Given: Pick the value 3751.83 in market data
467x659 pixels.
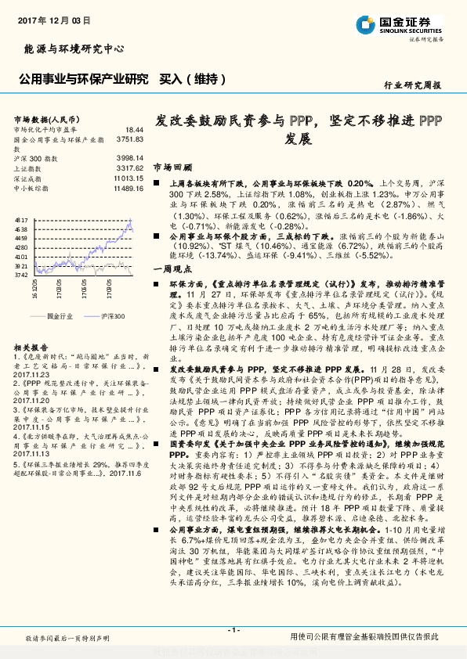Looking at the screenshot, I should pyautogui.click(x=130, y=139).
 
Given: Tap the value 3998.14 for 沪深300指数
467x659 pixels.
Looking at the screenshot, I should pyautogui.click(x=130, y=158).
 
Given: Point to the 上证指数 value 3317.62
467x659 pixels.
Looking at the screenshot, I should pyautogui.click(x=130, y=168).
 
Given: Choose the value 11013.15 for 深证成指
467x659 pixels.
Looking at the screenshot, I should pyautogui.click(x=128, y=178).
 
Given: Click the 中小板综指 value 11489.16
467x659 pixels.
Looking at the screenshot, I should pyautogui.click(x=128, y=189).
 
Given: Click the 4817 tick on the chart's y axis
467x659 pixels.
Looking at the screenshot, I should pyautogui.click(x=22, y=221).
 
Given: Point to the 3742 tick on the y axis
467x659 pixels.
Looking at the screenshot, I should pyautogui.click(x=22, y=275).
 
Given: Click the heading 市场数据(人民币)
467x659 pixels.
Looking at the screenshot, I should pyautogui.click(x=44, y=117).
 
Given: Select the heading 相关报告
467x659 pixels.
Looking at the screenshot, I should pyautogui.click(x=31, y=346).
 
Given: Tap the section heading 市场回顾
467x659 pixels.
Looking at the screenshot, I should pyautogui.click(x=172, y=167).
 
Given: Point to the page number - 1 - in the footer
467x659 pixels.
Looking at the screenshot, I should pyautogui.click(x=233, y=630).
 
